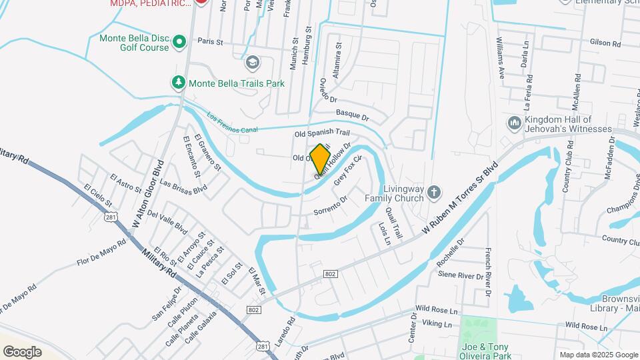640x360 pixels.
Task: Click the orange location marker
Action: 321,159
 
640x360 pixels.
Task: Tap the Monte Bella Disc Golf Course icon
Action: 179,43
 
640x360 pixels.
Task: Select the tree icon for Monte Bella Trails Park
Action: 178,83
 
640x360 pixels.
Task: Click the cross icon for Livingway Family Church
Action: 434,193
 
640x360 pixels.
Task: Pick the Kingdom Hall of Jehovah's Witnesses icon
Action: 514,123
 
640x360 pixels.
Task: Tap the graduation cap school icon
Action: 252,63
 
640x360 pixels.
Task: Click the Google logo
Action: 22,351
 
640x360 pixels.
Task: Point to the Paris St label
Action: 209,41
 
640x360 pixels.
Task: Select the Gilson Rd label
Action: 605,43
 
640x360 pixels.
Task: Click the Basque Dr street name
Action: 352,115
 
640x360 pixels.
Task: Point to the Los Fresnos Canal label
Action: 231,121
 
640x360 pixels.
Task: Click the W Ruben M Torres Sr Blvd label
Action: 461,199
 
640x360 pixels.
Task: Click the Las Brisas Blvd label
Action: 184,188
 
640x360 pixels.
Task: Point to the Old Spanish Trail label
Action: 322,133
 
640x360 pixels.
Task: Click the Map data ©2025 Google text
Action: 597,355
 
